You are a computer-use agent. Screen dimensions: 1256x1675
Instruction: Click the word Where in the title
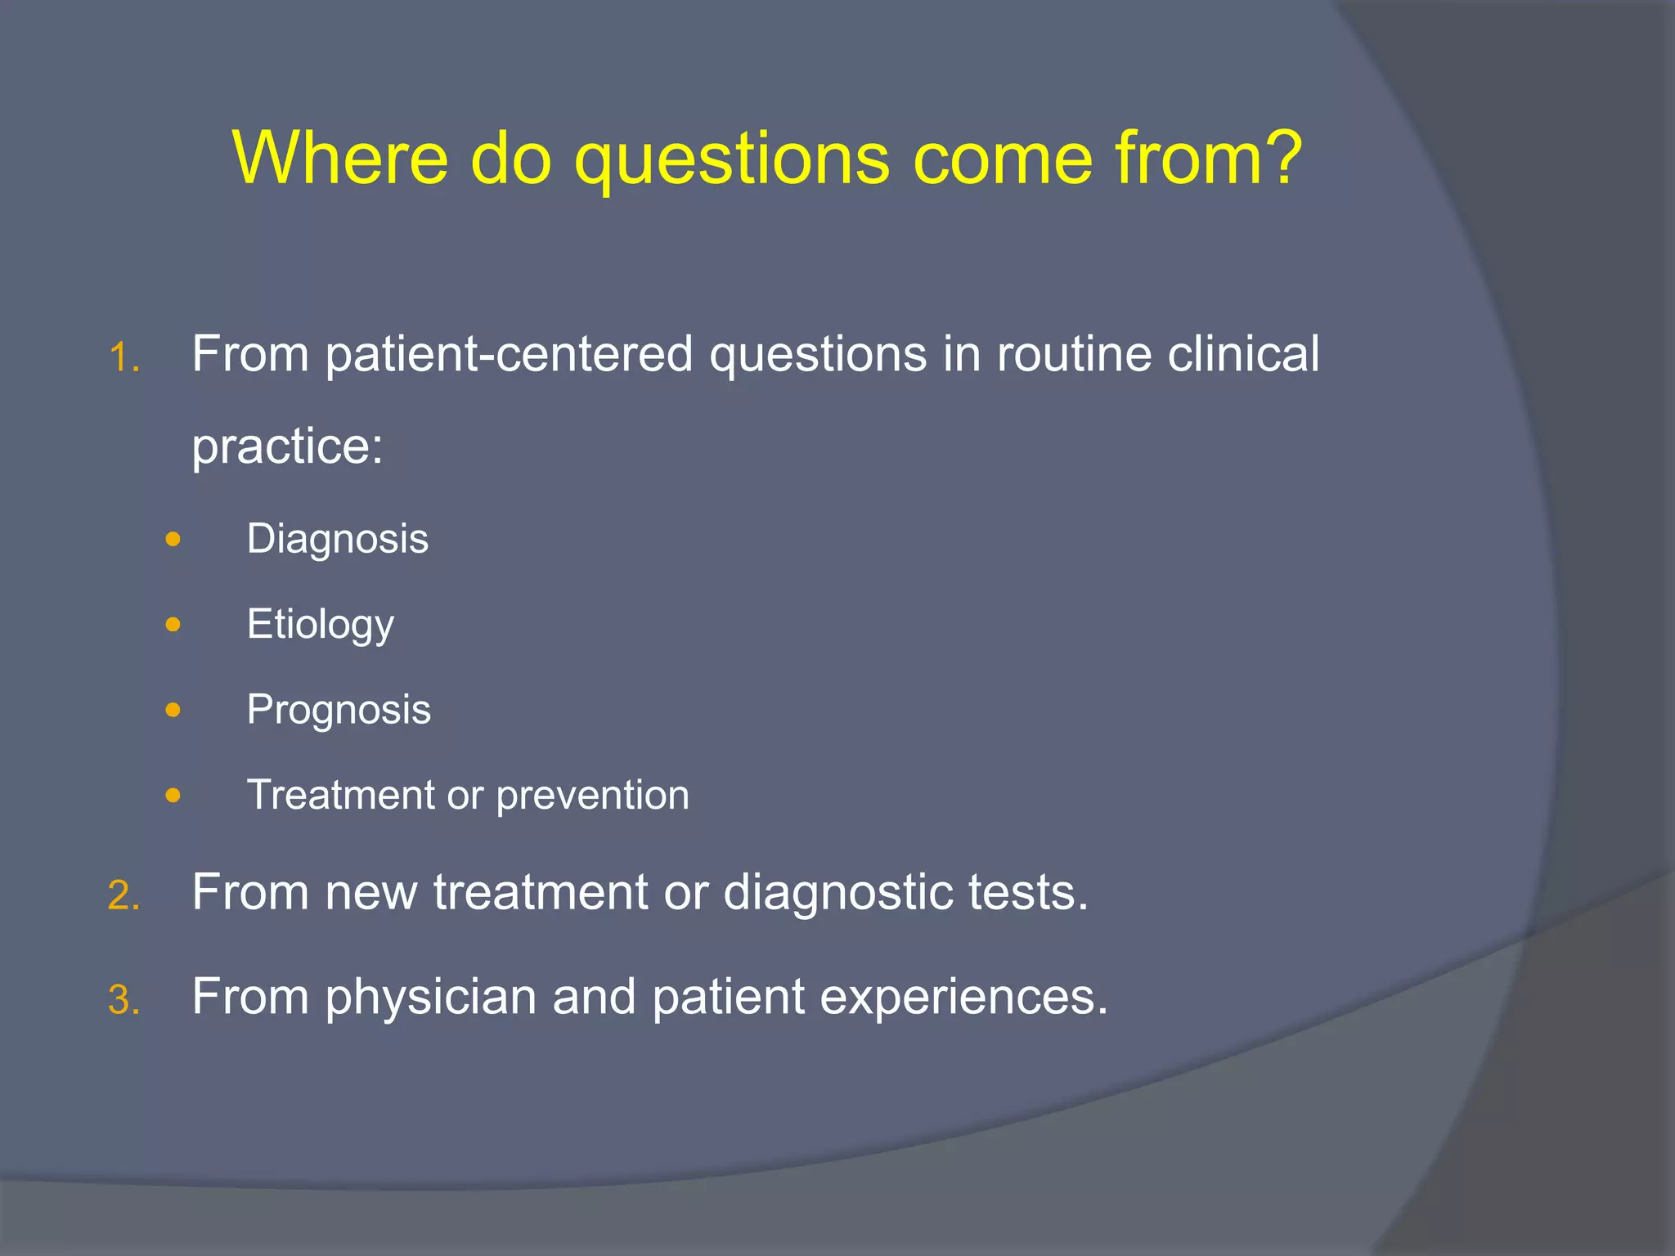[x=340, y=158]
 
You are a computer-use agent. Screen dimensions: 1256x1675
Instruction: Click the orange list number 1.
[x=123, y=358]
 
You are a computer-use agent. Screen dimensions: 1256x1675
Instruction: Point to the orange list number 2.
[x=123, y=896]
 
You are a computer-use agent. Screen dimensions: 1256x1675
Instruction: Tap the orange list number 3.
[x=123, y=1001]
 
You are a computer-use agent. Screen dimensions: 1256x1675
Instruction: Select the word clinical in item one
[x=1242, y=355]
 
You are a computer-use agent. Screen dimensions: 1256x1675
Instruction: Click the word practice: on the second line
[x=287, y=448]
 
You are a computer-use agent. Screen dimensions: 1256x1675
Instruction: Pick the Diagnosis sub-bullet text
[x=337, y=540]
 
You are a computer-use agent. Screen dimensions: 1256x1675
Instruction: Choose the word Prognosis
[x=339, y=711]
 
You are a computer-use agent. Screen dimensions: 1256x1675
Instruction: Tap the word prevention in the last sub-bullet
[x=592, y=796]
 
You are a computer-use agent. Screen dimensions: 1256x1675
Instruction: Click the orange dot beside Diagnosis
[x=173, y=540]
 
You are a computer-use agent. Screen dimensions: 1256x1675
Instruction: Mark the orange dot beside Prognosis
[x=173, y=710]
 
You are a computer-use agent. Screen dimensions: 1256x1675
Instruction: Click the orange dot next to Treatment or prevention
[x=173, y=795]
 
